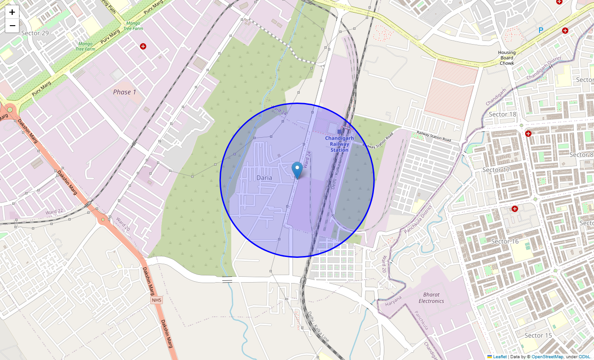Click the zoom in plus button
(12, 12)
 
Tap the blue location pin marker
(297, 170)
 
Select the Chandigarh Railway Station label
(339, 144)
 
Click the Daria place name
(264, 178)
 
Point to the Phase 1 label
(125, 92)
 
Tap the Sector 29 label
(35, 33)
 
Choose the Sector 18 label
(503, 114)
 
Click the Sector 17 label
(496, 170)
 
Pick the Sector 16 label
(505, 241)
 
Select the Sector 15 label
(538, 335)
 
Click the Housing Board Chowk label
(507, 58)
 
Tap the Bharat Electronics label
(431, 297)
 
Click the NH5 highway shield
(156, 300)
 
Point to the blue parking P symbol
(541, 31)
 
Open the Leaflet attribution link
(500, 356)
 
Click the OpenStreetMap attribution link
(547, 356)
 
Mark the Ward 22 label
(54, 211)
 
